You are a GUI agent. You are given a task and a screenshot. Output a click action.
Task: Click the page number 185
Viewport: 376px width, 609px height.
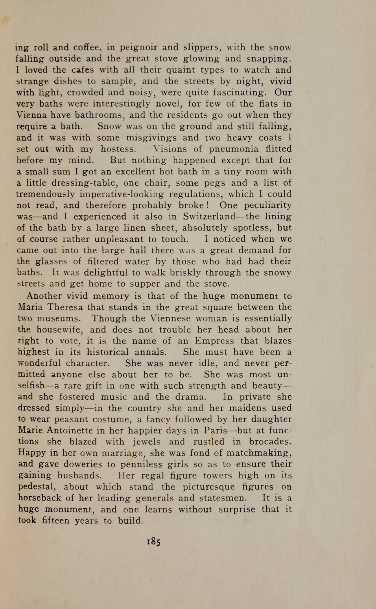click(154, 541)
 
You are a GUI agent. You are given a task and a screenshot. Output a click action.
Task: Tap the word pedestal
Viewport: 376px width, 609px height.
click(37, 487)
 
